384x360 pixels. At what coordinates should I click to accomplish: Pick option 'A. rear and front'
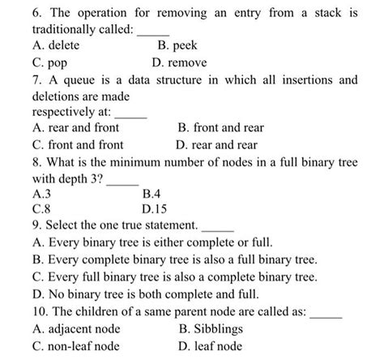coord(75,128)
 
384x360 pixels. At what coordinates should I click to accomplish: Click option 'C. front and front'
coord(78,144)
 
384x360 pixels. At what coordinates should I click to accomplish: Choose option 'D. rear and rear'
coord(216,144)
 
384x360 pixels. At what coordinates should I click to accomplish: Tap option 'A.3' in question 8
coord(41,194)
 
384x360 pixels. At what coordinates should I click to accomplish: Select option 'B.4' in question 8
coord(151,194)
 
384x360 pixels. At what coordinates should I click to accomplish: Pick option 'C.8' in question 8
coord(41,208)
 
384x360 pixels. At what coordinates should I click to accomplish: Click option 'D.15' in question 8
coord(155,208)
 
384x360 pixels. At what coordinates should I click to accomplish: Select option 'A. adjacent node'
coord(76,328)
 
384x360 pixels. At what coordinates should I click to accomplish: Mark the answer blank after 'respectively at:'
coord(132,114)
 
